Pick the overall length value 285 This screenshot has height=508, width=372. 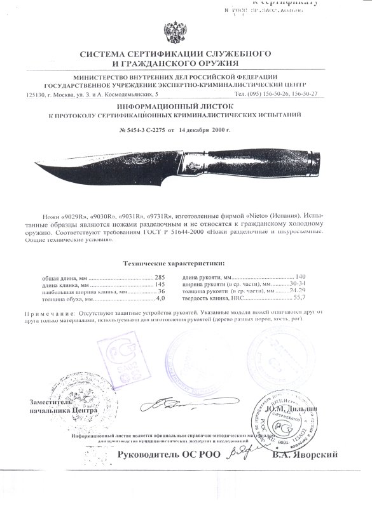coord(159,277)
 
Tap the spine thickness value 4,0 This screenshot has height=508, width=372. coord(160,298)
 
